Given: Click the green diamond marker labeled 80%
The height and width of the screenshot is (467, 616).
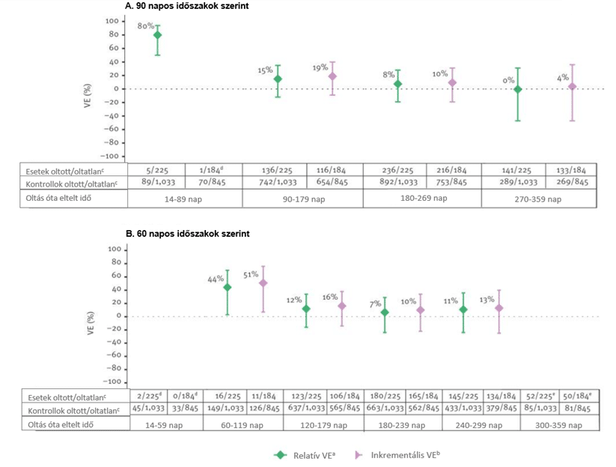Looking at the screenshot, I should [157, 35].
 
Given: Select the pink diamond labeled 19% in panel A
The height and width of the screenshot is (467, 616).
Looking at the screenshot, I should [332, 76].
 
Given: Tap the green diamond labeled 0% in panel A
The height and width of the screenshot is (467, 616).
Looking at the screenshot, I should [517, 89].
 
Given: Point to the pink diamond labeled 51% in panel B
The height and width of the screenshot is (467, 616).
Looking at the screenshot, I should [262, 283].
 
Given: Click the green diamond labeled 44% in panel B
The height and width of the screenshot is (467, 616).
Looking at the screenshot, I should [228, 288].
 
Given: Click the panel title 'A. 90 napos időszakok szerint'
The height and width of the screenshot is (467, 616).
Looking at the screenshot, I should [187, 6].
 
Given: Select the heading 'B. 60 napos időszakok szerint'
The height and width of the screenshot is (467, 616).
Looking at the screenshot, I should [187, 234].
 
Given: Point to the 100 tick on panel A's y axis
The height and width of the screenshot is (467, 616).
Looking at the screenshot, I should [112, 20].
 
